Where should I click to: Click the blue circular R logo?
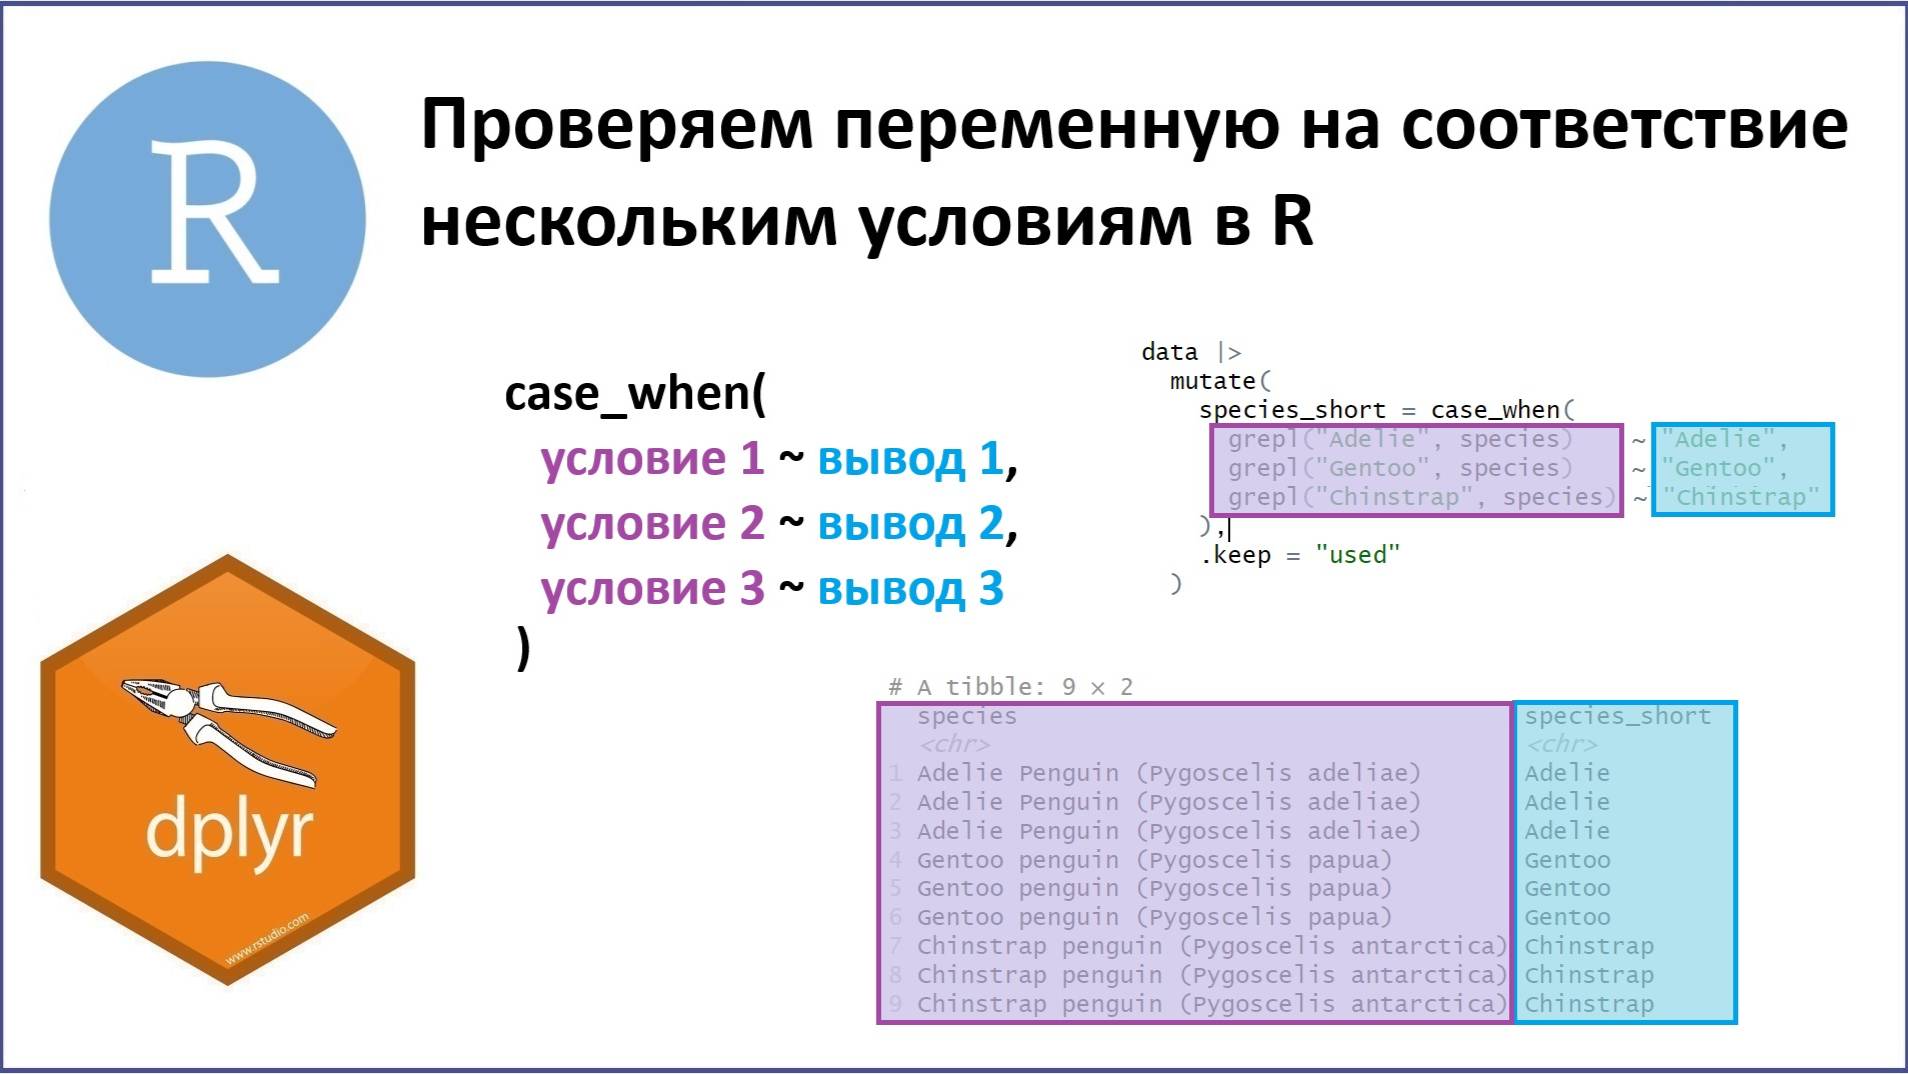click(207, 219)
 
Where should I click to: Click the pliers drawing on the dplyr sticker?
click(228, 725)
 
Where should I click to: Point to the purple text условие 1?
click(652, 459)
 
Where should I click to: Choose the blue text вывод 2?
click(910, 524)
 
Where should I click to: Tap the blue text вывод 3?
click(910, 589)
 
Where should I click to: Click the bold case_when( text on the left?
click(635, 394)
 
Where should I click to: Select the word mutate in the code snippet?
click(1212, 381)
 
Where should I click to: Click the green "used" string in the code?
click(1357, 555)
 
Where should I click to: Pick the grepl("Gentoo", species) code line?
click(1400, 468)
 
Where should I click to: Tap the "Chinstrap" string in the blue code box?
click(1741, 497)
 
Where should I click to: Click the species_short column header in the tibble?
click(1617, 716)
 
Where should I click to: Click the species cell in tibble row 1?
click(1168, 773)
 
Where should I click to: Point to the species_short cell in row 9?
click(1589, 1004)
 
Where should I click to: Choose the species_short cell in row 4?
click(1567, 860)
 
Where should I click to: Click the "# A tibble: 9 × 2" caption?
click(1010, 687)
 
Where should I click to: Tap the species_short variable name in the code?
click(1292, 410)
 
